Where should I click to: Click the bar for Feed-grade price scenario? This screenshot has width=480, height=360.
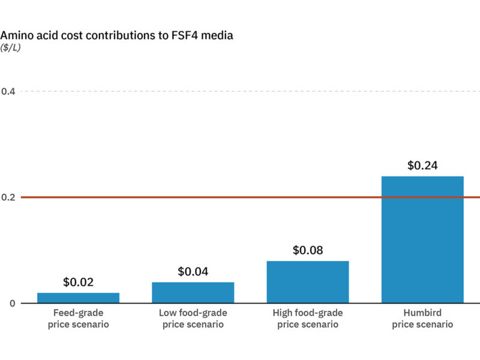(78, 298)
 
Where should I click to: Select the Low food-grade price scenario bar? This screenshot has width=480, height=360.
(193, 292)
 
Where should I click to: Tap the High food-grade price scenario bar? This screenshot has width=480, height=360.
(308, 282)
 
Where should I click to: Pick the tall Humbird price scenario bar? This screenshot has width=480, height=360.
(422, 240)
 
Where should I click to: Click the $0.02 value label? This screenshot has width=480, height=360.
(78, 282)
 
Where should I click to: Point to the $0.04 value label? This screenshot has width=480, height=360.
(193, 271)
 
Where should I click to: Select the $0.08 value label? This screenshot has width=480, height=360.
(308, 250)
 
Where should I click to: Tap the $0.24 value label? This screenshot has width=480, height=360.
(422, 166)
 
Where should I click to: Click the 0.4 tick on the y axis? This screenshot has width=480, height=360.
(8, 91)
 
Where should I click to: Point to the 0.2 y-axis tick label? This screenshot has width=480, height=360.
(8, 197)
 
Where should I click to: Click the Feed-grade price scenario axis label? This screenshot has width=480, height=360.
(78, 319)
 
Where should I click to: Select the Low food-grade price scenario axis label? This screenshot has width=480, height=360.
(193, 319)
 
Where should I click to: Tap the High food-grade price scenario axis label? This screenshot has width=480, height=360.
(308, 319)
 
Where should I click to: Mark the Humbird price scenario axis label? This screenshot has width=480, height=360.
(422, 319)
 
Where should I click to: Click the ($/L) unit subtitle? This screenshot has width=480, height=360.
(10, 48)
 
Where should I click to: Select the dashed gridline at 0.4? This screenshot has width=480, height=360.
(240, 91)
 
